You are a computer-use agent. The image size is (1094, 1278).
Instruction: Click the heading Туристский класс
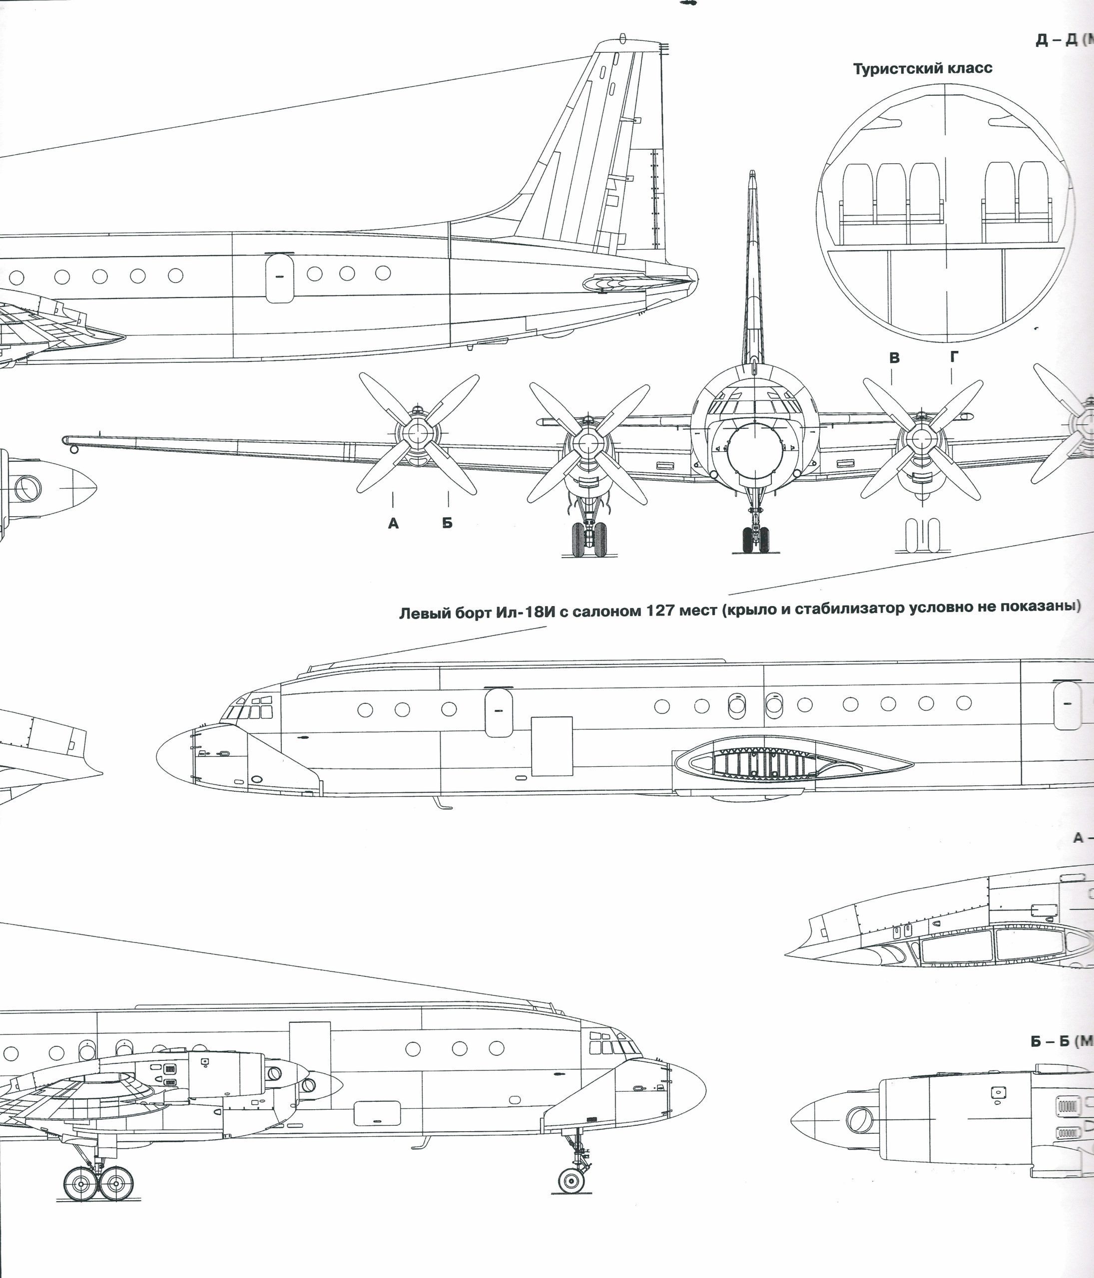923,68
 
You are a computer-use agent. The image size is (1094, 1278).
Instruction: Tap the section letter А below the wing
393,524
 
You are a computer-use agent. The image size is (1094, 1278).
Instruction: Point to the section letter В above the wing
894,358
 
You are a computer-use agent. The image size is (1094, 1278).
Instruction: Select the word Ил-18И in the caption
525,613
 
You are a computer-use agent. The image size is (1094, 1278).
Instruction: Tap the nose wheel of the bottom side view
571,1180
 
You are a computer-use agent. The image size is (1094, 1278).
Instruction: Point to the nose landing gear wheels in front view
755,539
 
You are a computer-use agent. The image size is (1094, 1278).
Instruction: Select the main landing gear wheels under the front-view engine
589,540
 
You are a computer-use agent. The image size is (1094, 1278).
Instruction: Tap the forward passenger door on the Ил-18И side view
499,712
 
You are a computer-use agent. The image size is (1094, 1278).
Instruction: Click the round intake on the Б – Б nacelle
858,1120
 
